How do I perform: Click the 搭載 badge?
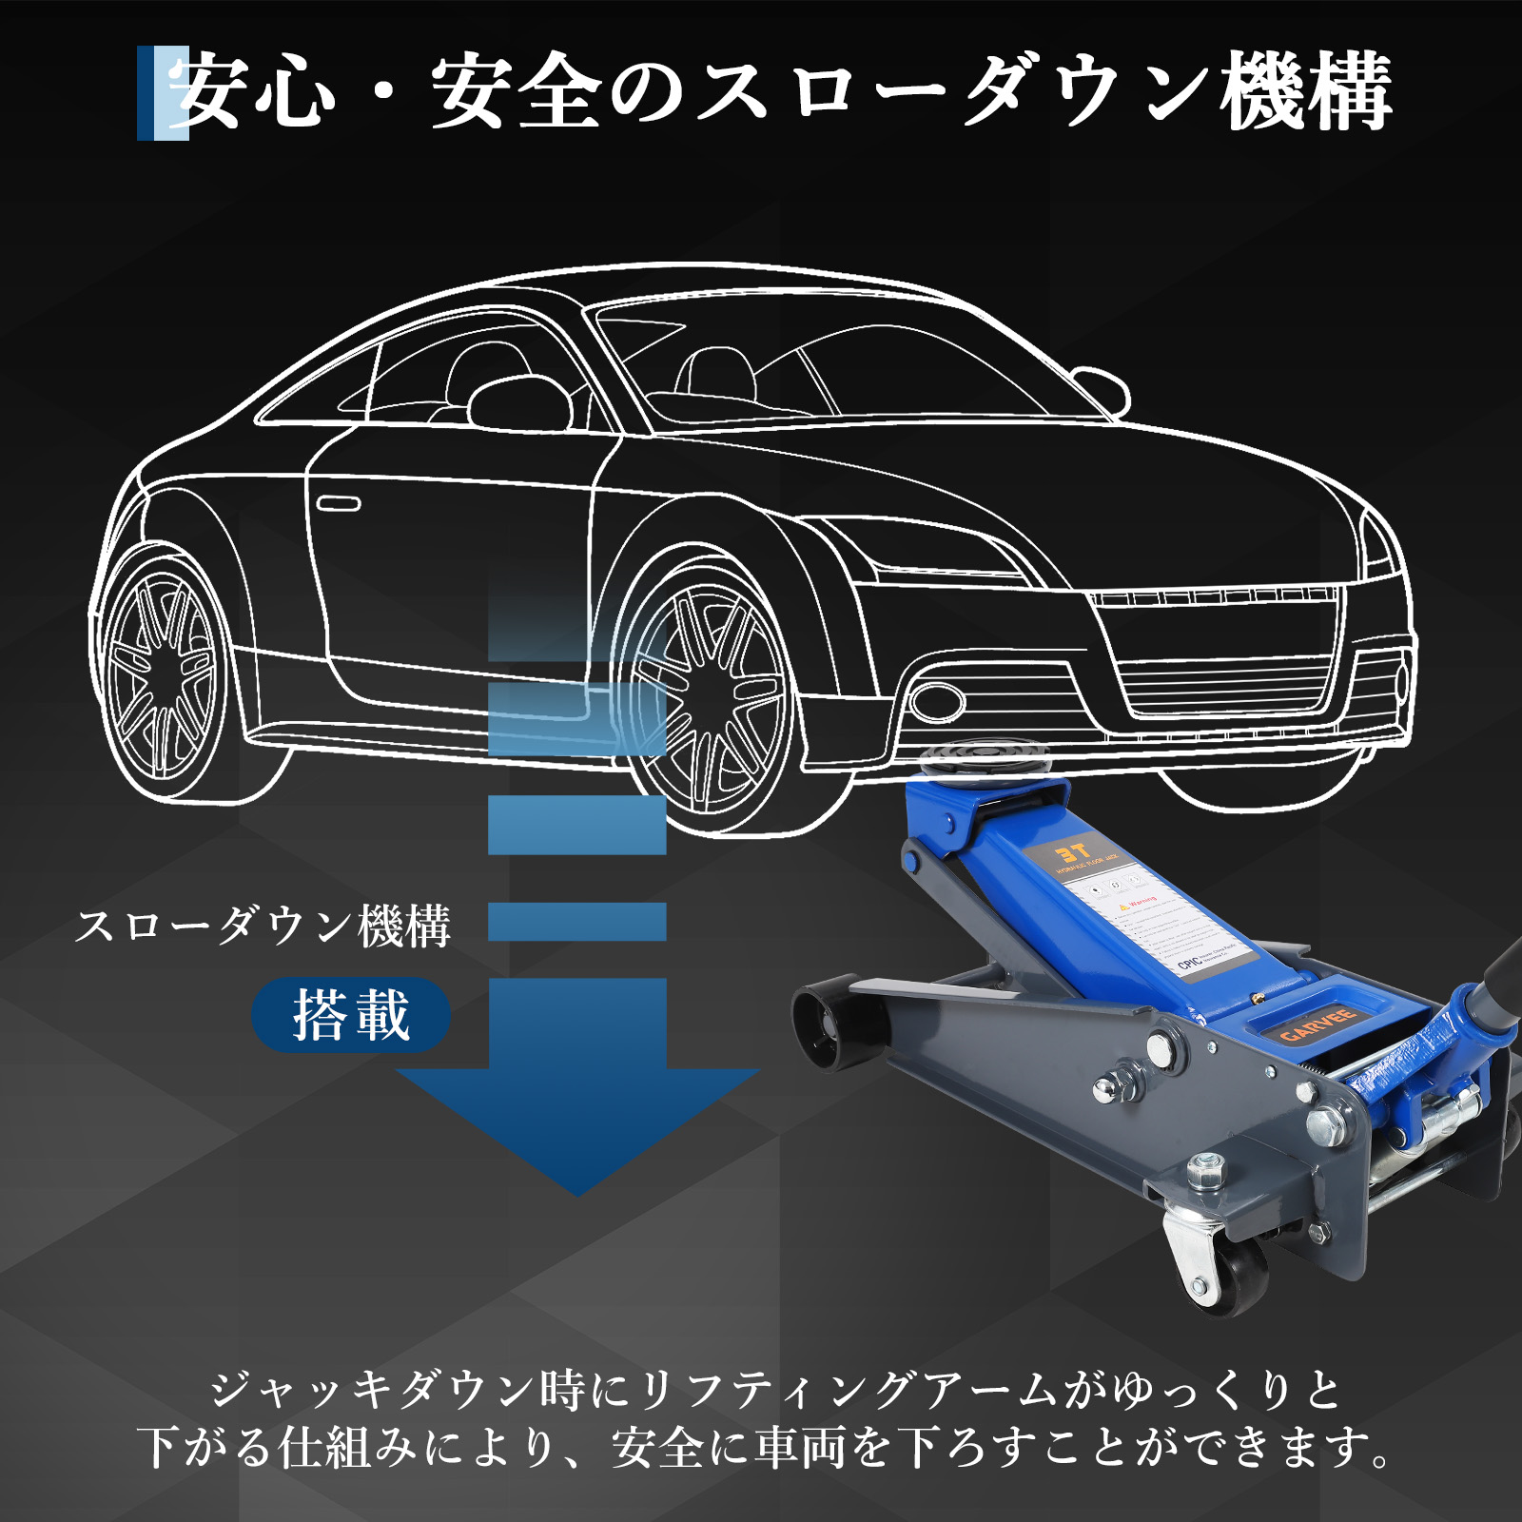coord(350,1015)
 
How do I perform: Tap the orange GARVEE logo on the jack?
coord(1317,1024)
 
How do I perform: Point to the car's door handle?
coord(338,503)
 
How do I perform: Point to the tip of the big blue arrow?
coord(577,1191)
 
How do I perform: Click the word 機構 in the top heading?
coord(1307,92)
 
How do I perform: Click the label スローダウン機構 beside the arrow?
coord(263,926)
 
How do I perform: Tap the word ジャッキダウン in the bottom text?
coord(371,1391)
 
